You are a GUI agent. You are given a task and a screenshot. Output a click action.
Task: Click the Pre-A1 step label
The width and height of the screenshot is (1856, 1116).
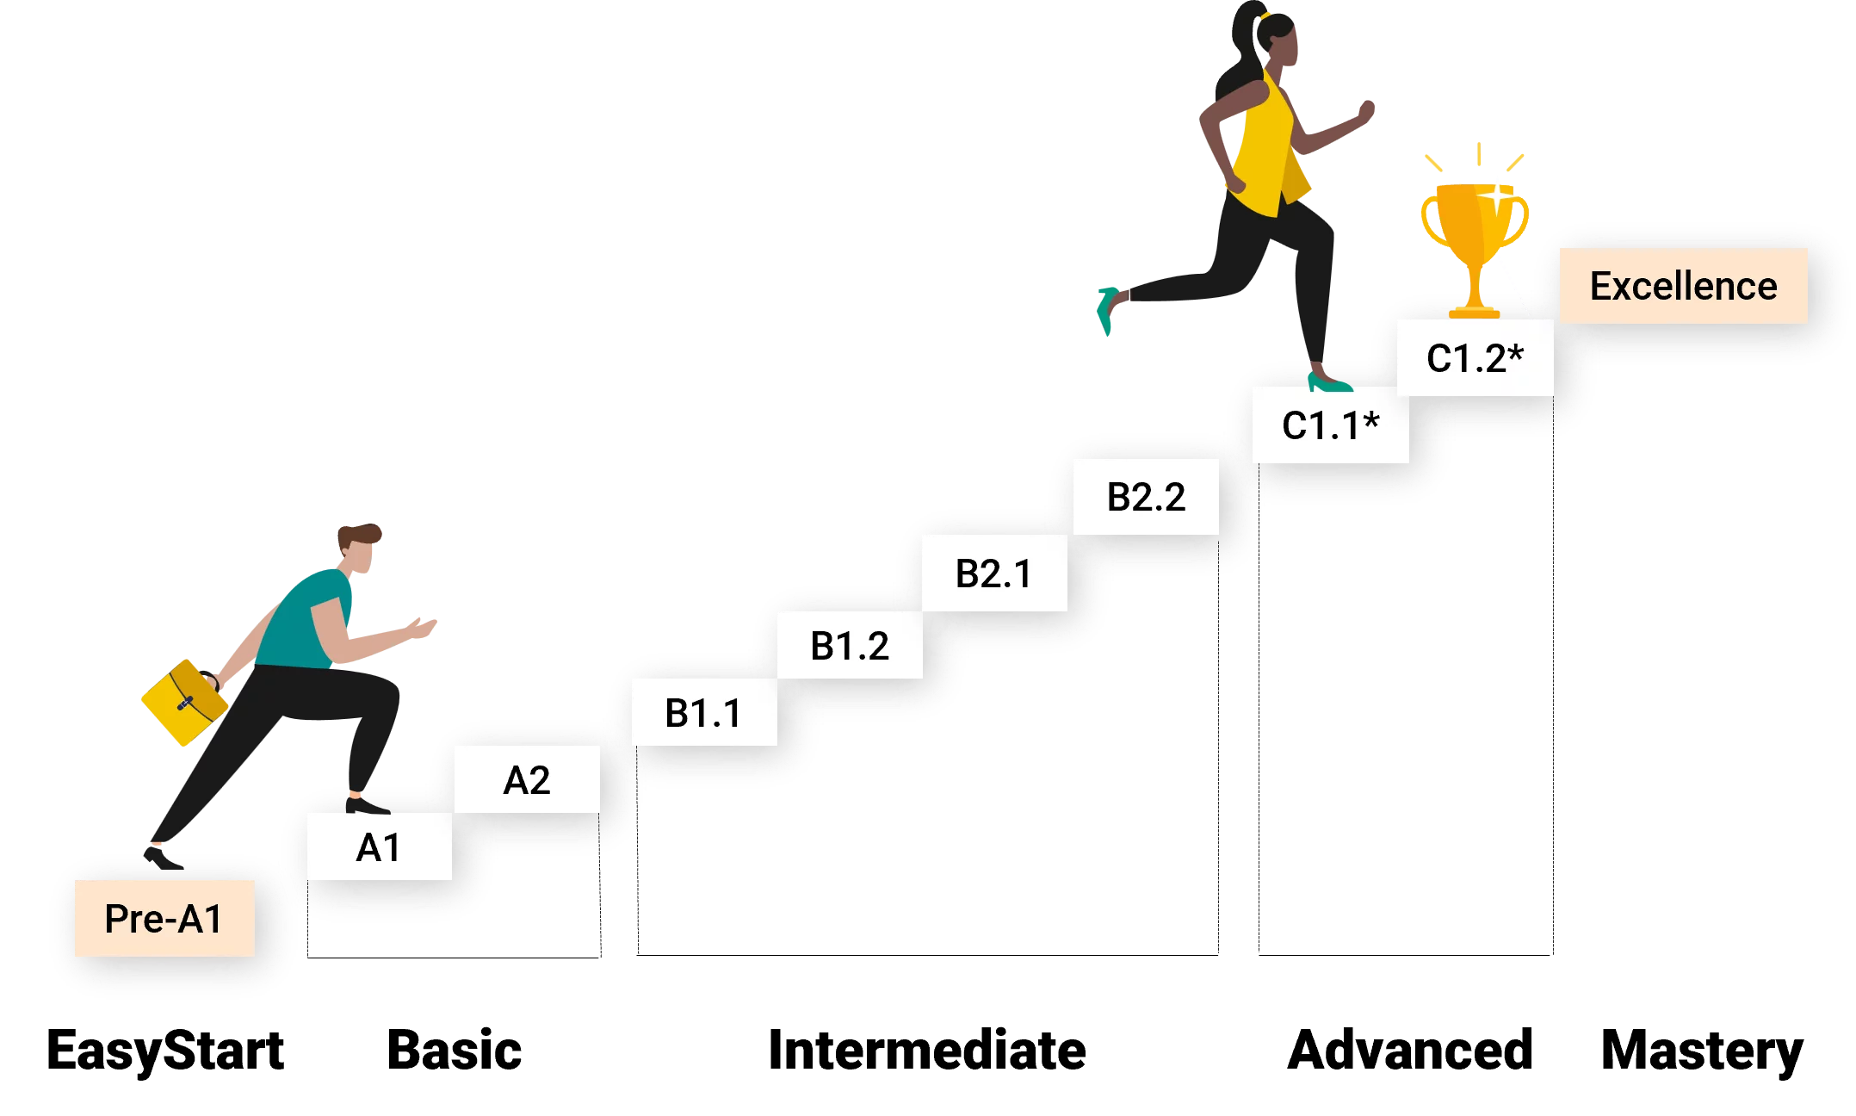point(164,918)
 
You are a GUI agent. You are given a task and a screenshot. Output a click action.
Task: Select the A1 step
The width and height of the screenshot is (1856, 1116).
point(379,847)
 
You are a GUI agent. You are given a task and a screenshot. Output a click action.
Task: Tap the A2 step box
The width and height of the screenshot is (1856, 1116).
point(527,780)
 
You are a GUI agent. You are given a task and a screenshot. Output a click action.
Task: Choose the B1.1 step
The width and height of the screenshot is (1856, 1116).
point(703,713)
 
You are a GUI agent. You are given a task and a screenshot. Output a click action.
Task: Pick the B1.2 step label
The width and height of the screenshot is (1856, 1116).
point(850,646)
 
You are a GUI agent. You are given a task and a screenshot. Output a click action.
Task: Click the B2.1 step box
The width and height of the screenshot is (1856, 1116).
point(993,573)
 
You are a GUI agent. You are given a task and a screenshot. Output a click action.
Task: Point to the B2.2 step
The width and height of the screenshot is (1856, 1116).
point(1146,497)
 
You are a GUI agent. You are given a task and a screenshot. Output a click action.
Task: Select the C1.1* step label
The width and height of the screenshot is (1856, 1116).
point(1330,425)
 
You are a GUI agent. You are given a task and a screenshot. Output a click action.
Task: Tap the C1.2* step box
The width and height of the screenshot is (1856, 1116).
point(1475,358)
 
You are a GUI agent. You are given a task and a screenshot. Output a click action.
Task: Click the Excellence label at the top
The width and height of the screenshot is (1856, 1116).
point(1683,286)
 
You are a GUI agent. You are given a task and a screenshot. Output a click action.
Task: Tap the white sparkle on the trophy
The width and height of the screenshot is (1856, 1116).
point(1499,196)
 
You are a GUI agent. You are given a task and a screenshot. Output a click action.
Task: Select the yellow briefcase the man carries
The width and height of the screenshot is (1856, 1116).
point(184,702)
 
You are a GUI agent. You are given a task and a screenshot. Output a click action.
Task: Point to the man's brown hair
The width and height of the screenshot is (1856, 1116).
point(357,535)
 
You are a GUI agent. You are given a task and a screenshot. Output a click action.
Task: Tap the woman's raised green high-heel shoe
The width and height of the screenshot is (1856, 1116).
point(1107,310)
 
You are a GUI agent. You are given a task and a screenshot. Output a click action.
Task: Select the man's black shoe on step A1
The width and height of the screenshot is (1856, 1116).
point(366,806)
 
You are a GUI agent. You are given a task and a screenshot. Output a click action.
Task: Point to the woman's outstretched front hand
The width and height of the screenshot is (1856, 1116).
point(1365,111)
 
